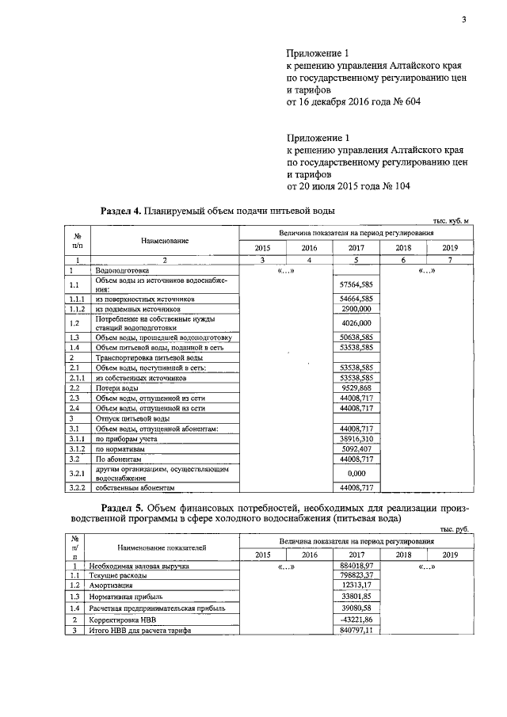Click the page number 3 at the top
(464, 21)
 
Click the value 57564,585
(356, 284)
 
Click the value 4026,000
(356, 322)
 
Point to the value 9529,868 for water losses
(356, 388)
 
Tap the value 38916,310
(356, 437)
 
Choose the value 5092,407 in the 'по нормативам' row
(356, 448)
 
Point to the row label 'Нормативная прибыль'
(126, 595)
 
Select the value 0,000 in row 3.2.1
(356, 473)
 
